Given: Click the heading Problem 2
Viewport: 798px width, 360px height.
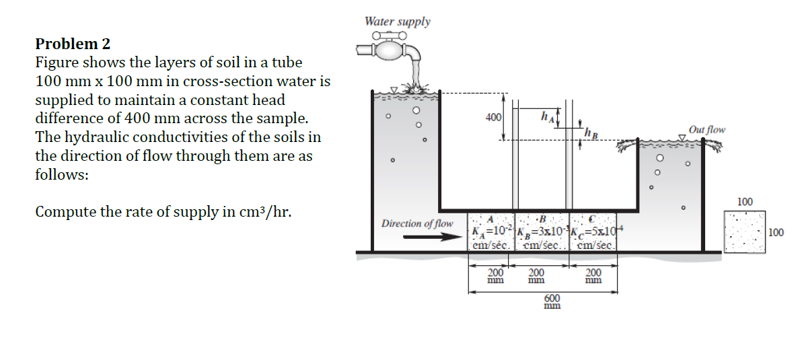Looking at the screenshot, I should (x=73, y=44).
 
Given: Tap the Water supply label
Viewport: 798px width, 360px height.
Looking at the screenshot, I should (x=397, y=21).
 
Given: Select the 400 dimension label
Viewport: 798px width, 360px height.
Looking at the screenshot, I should (x=493, y=118).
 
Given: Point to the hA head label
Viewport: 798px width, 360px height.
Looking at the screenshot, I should (x=548, y=116).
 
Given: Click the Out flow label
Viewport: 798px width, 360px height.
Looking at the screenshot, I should (x=706, y=129).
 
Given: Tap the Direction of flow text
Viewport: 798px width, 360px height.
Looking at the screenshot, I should (x=417, y=223).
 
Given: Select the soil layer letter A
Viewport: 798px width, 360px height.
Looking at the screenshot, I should (x=491, y=219).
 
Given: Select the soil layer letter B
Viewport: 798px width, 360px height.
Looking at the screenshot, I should (x=542, y=219).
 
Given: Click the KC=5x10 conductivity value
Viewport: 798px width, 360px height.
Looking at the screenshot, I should (x=596, y=233).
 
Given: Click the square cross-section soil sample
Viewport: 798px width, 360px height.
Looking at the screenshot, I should (x=745, y=232).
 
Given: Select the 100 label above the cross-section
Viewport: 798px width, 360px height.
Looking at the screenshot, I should (x=745, y=202).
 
